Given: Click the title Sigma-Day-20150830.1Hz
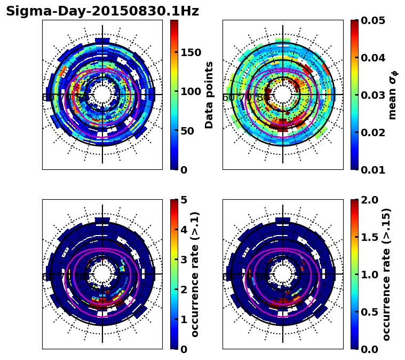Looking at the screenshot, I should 102,12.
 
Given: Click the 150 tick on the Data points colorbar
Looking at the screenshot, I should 191,52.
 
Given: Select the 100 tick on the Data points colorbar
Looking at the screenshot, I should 191,91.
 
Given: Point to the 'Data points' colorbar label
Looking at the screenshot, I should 209,95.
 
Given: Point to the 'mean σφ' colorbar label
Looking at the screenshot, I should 392,95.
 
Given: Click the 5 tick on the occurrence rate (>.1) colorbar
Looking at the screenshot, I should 184,200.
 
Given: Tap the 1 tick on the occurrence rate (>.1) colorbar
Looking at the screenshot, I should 184,319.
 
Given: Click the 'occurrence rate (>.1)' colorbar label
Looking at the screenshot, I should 195,274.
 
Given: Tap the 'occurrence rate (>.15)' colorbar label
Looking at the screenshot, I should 386,274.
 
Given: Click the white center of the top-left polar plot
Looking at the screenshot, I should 102,95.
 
